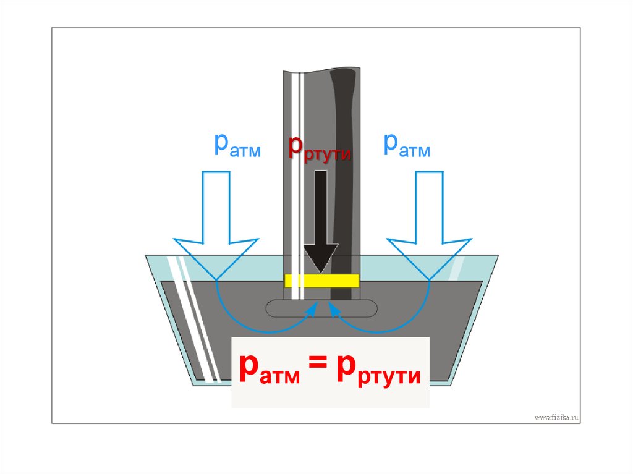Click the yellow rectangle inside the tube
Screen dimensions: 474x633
click(321, 281)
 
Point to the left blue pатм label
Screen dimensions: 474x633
click(237, 145)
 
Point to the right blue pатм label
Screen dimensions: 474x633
click(406, 145)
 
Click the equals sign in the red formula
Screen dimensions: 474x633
click(318, 371)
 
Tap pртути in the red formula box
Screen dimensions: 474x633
click(378, 373)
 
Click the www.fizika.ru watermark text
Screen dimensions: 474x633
click(556, 418)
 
